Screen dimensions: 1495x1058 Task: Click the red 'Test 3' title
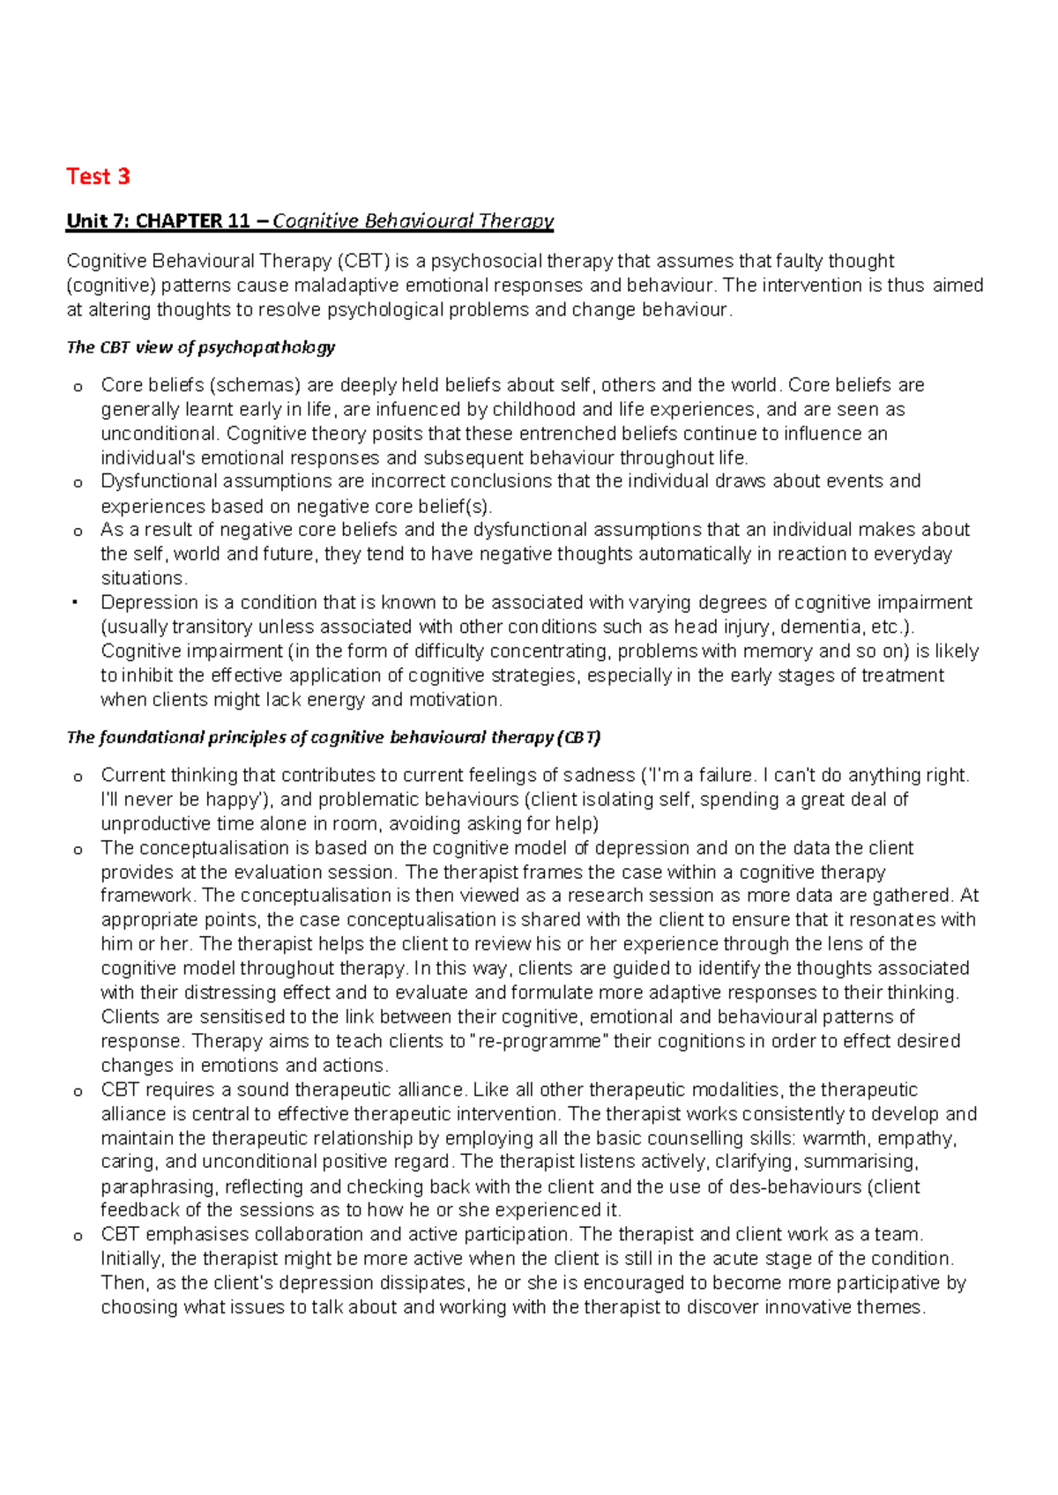tap(98, 176)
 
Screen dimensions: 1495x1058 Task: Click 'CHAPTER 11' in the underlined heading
tap(193, 221)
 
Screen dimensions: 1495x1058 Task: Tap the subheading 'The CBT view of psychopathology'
tap(200, 347)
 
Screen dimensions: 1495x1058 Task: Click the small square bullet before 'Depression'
tap(77, 603)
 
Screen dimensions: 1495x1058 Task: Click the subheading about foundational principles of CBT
tap(333, 738)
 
